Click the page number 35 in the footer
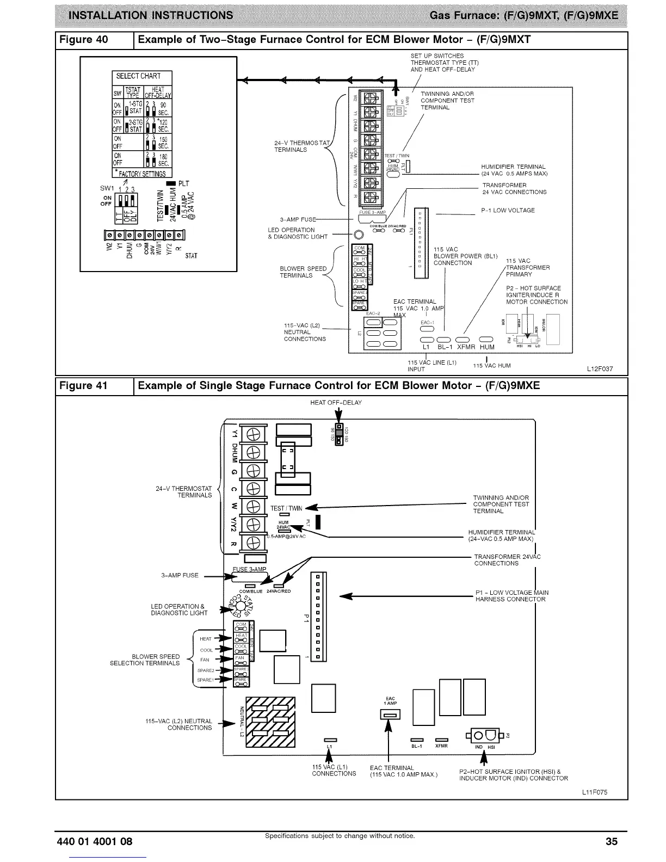[x=612, y=841]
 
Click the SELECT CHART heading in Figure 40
[x=139, y=76]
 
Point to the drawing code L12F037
[x=600, y=369]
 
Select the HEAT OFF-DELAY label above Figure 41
[x=336, y=403]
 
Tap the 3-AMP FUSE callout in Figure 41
[x=180, y=575]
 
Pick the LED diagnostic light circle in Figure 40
[x=359, y=235]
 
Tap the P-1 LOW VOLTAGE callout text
[x=508, y=211]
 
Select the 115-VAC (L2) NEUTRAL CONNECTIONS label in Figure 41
[x=178, y=724]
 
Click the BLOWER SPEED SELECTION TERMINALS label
[x=145, y=660]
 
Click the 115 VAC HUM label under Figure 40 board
[x=492, y=366]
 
